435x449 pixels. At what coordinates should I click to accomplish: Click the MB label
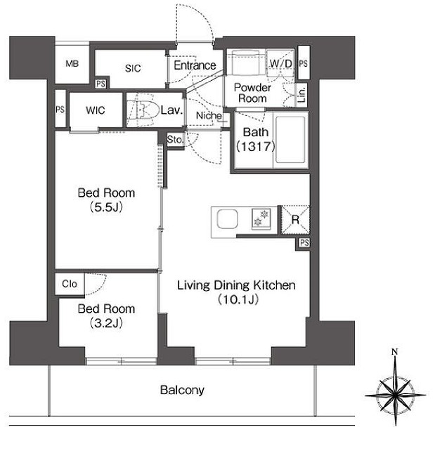[x=72, y=63]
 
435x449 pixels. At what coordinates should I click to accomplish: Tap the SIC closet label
[x=133, y=68]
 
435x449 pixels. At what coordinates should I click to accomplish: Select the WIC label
[x=96, y=110]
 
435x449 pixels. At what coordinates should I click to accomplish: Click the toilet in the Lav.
[x=143, y=110]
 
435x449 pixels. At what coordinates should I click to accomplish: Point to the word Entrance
[x=195, y=65]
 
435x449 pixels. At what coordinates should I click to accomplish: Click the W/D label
[x=281, y=63]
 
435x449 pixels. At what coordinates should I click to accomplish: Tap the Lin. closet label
[x=302, y=95]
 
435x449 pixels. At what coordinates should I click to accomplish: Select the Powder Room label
[x=252, y=93]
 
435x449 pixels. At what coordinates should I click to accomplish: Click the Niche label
[x=209, y=115]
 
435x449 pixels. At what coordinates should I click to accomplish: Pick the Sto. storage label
[x=175, y=140]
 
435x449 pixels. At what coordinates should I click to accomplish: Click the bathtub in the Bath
[x=290, y=140]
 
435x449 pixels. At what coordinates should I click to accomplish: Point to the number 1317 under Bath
[x=255, y=147]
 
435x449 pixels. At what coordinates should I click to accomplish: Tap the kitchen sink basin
[x=228, y=219]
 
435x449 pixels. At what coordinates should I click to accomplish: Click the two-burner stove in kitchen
[x=261, y=219]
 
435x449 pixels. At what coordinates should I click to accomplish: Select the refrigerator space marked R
[x=295, y=220]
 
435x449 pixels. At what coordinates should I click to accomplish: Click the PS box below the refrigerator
[x=304, y=243]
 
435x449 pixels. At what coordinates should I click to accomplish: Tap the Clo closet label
[x=70, y=284]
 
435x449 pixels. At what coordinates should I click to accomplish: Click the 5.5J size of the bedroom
[x=106, y=207]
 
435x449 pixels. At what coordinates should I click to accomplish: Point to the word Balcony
[x=182, y=390]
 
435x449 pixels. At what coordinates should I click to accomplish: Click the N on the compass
[x=395, y=351]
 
